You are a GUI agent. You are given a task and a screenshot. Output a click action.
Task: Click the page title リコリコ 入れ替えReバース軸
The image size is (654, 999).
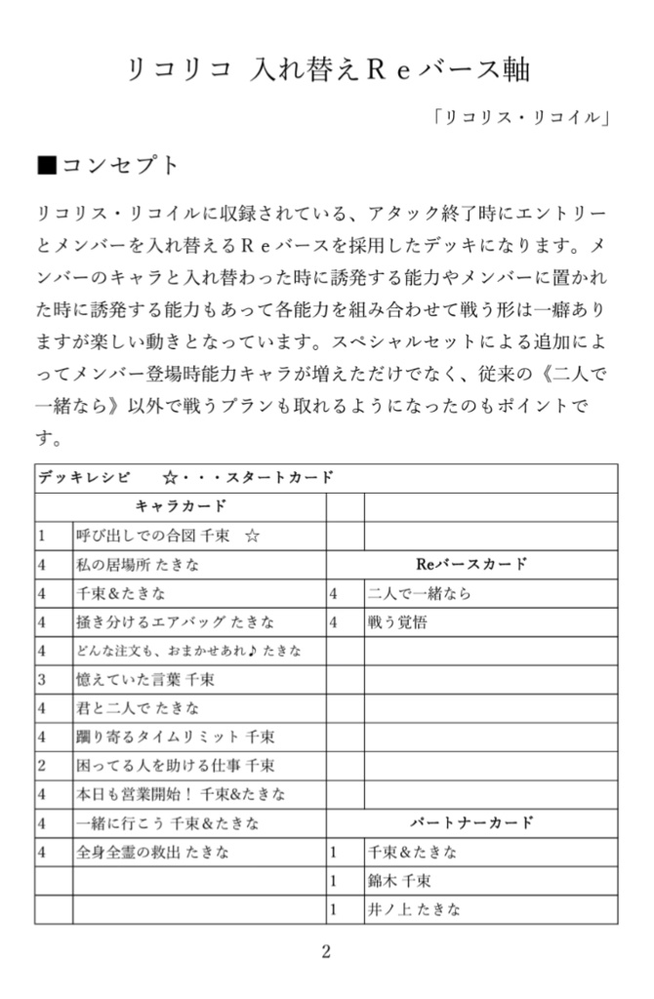pos(326,68)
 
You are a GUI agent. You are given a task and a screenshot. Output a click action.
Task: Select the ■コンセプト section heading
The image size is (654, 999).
pos(108,165)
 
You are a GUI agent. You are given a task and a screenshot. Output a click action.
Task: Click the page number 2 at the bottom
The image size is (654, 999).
pos(326,952)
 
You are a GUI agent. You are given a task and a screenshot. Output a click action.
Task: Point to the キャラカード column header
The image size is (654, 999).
pos(181,506)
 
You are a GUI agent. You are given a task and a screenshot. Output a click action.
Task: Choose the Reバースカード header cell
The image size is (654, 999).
pos(471,564)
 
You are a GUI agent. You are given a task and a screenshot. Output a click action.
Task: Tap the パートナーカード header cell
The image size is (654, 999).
pos(471,822)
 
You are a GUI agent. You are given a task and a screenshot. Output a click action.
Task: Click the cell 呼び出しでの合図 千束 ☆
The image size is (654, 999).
pos(167,536)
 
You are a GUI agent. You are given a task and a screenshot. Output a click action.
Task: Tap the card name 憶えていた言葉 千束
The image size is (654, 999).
pos(144,679)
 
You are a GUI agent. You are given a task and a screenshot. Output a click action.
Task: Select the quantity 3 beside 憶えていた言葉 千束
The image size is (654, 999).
pos(42,679)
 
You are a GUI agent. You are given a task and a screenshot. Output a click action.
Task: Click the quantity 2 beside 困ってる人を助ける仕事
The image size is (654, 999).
pos(42,765)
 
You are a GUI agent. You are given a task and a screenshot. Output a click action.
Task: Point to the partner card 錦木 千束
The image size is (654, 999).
pos(399,881)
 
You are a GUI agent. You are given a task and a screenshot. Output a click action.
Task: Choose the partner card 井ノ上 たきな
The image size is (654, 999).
pos(413,909)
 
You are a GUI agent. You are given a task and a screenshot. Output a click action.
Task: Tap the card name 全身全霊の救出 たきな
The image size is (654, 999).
pos(153,852)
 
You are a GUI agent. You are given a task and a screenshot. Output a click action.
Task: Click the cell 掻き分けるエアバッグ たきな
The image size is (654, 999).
pos(175,621)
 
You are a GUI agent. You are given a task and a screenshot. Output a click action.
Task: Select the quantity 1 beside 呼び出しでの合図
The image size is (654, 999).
pos(42,536)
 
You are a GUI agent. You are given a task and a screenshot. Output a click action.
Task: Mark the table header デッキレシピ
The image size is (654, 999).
pos(84,478)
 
